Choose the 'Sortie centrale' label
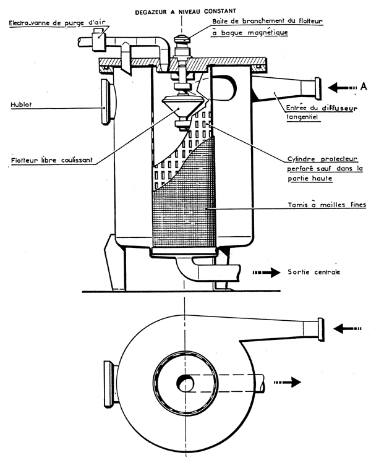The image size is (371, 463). point(314,271)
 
